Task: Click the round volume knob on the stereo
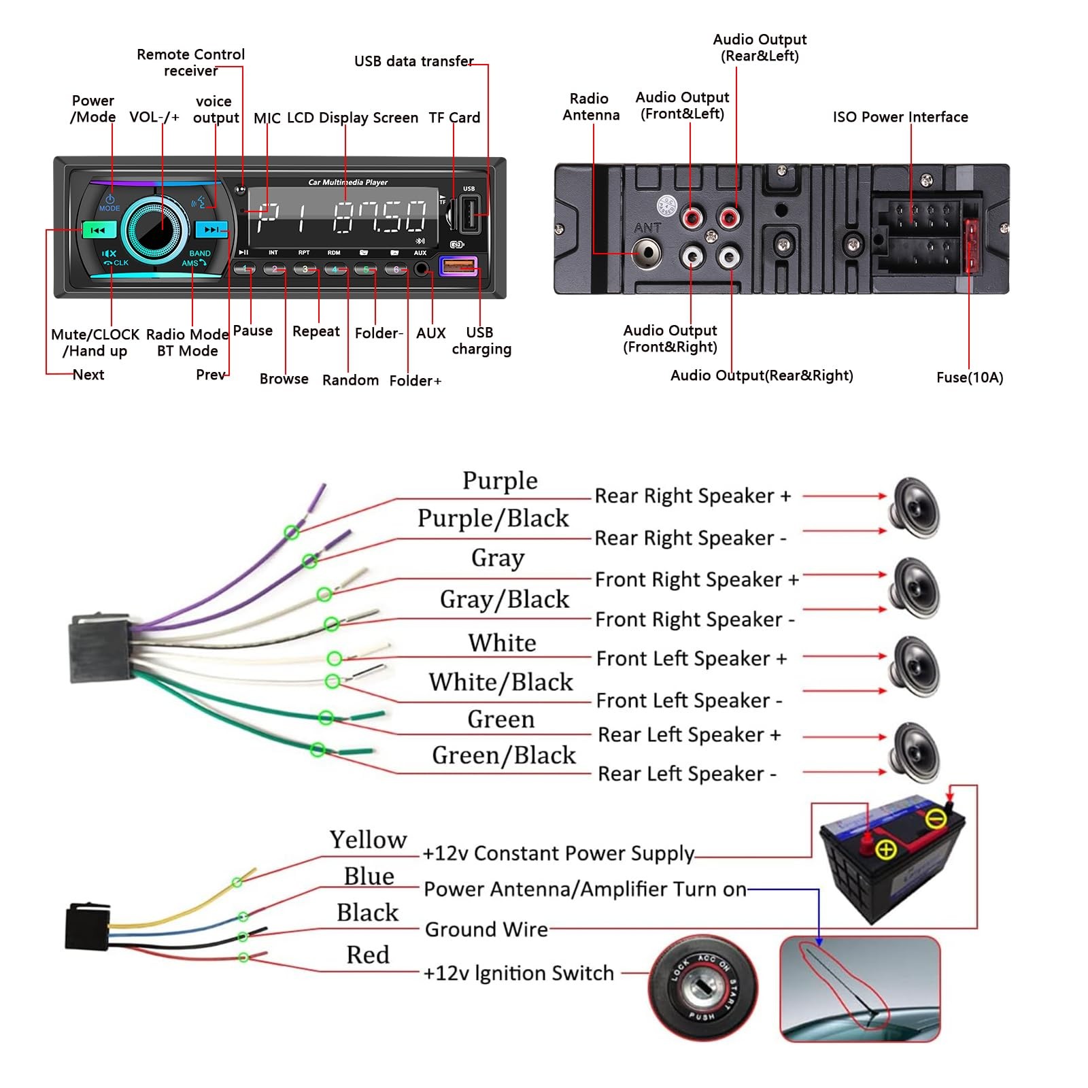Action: pos(156,229)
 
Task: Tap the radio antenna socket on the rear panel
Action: pos(647,253)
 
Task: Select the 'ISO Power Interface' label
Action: pos(900,117)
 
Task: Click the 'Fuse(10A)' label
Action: pos(969,377)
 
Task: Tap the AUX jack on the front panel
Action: pos(422,269)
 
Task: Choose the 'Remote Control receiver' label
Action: pos(190,63)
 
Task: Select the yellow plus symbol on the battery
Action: pos(886,849)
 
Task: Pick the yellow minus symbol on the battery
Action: pos(936,818)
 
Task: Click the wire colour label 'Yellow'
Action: pos(368,840)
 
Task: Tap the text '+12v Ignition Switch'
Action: pos(518,973)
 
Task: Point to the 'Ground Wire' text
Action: pos(486,930)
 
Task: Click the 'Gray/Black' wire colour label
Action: pos(504,599)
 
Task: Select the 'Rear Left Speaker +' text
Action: pos(689,735)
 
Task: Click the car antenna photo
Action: pos(860,989)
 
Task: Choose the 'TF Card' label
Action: pos(454,118)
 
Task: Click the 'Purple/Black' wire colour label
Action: pos(493,518)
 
